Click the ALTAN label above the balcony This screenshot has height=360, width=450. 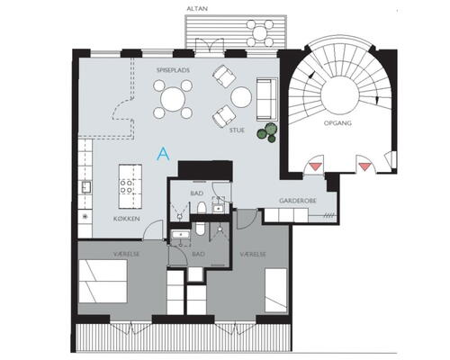pos(197,8)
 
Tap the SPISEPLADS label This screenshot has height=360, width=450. pos(173,70)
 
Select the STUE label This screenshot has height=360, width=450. pos(237,130)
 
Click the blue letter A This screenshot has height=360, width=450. pos(163,154)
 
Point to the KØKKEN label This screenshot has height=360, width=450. pos(127,219)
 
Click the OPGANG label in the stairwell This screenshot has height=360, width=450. pos(337,123)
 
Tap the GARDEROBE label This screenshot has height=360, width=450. pos(298,201)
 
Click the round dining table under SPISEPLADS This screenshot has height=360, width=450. pos(173,99)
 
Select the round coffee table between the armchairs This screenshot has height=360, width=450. pos(241,97)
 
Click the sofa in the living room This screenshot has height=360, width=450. pos(267,99)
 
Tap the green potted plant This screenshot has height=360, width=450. pos(267,132)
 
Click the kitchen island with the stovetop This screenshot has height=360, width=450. pos(130,186)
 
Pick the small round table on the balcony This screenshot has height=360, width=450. pos(260,31)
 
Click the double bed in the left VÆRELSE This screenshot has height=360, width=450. pos(103,281)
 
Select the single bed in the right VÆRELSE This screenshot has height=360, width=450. pos(276,290)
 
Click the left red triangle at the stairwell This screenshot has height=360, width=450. pos(315,166)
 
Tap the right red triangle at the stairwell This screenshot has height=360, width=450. pos(364,166)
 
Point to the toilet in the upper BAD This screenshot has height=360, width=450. pos(202,208)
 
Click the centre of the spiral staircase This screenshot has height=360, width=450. pos(340,94)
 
